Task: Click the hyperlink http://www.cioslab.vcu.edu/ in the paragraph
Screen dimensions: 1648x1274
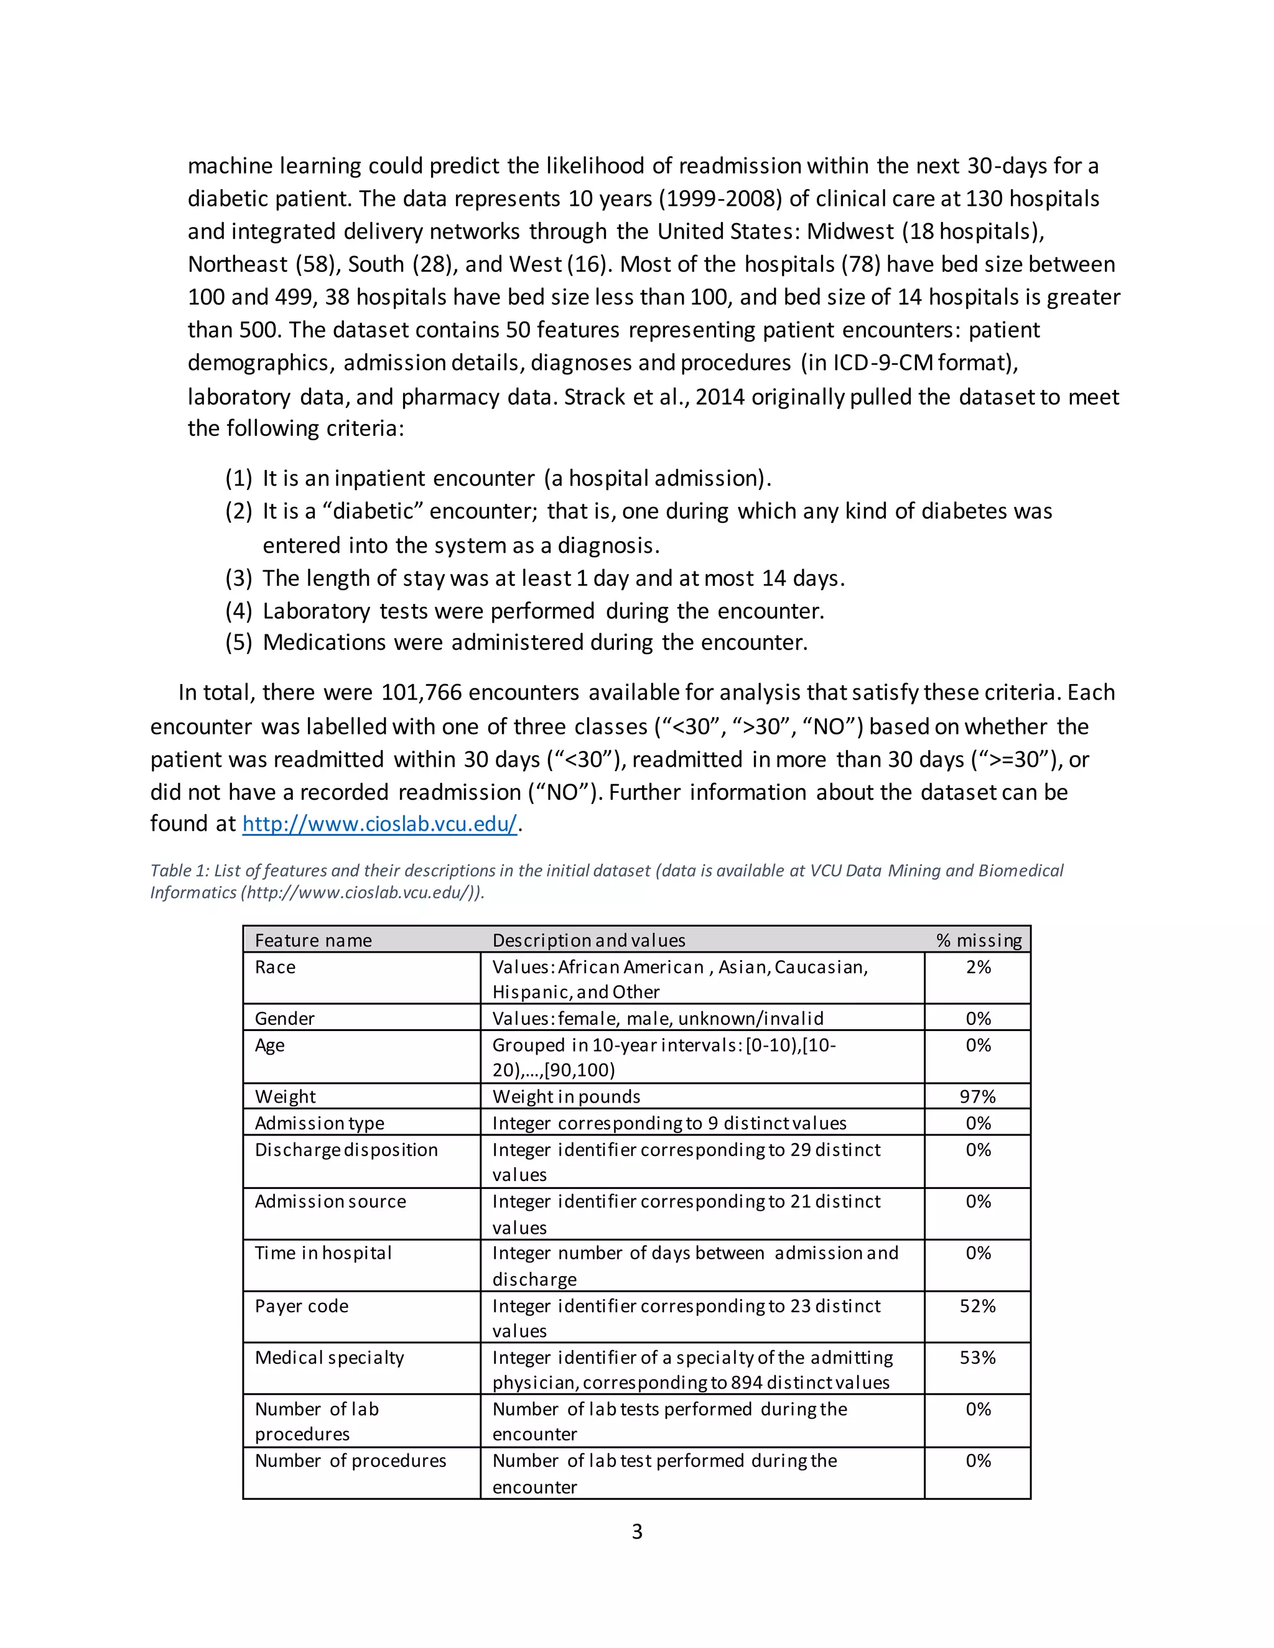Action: pos(379,824)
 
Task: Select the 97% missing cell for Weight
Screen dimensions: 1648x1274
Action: pos(977,1096)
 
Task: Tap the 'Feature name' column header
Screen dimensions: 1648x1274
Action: pos(314,940)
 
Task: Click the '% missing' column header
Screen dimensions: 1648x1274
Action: pos(978,940)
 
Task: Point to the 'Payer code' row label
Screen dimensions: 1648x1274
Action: pos(302,1306)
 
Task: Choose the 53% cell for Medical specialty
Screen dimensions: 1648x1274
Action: pos(977,1358)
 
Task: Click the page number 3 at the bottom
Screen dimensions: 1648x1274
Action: pos(637,1531)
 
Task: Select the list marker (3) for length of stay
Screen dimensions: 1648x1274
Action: pos(238,578)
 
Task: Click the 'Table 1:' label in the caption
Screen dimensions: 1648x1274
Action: pos(179,871)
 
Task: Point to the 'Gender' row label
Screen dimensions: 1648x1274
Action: pos(284,1019)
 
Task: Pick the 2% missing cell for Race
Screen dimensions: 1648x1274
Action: pos(978,968)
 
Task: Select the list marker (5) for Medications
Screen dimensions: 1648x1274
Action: pos(238,642)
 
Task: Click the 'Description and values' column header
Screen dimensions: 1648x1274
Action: pos(588,940)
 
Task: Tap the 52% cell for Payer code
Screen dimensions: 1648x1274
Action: pos(977,1306)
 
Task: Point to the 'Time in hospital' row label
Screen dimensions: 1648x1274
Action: pos(323,1253)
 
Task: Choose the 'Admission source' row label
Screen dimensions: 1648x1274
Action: pos(330,1201)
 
